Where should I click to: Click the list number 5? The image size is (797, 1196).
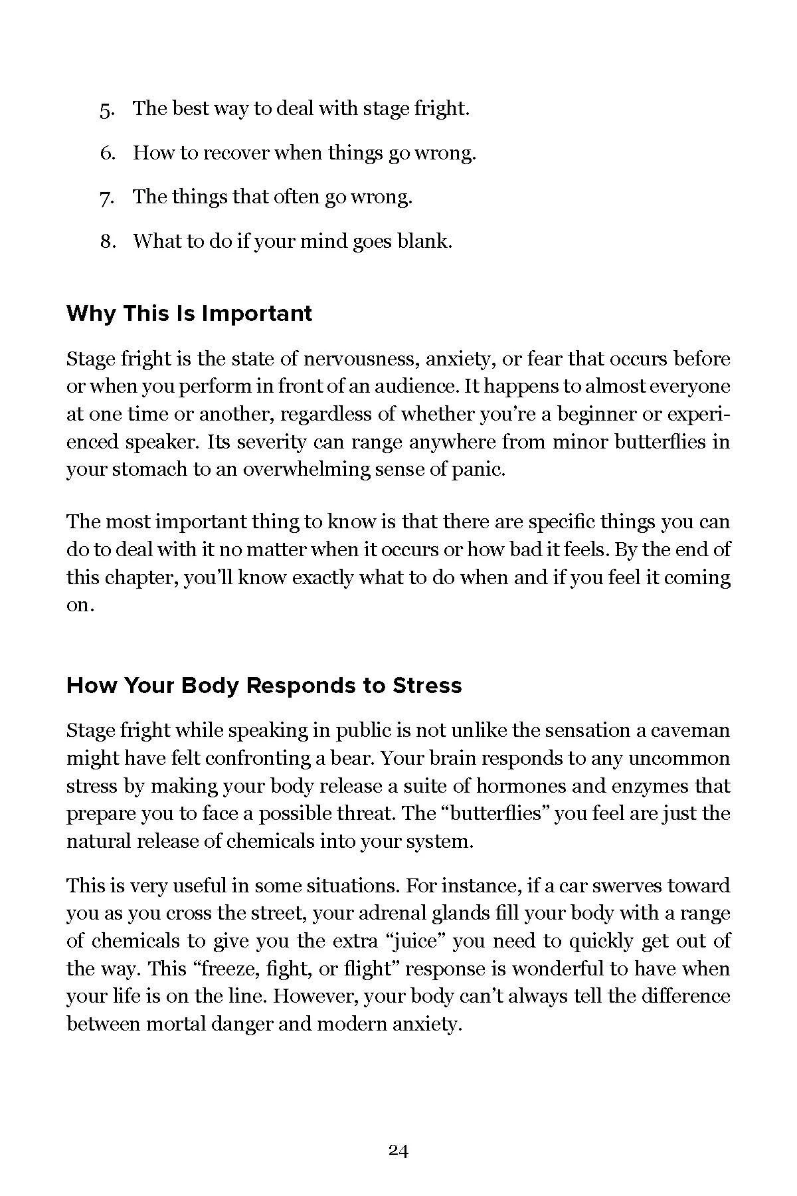(x=107, y=110)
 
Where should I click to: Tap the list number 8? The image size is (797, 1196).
(x=108, y=241)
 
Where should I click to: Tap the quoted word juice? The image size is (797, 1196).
(x=475, y=942)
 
